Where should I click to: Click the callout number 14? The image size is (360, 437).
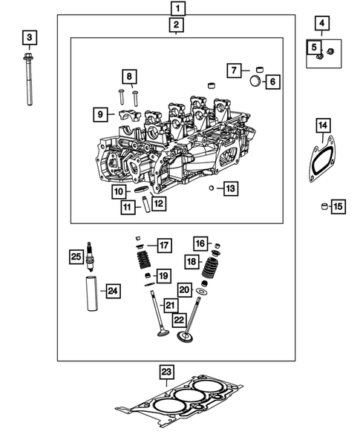coord(323,124)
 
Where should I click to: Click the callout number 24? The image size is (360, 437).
coord(112,290)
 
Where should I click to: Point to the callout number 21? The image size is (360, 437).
coord(170,305)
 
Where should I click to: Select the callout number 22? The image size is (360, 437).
coord(178,320)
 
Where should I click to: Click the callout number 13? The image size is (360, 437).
coord(230,188)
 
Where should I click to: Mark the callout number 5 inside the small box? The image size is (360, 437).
coord(314,48)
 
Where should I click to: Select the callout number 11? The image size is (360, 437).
coord(128,207)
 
